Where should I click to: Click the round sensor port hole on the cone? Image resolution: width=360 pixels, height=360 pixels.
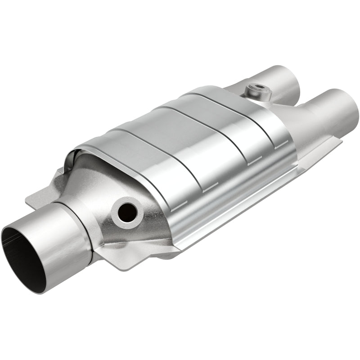tap(127, 210)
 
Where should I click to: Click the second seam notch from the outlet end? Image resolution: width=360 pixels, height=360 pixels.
tap(254, 160)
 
